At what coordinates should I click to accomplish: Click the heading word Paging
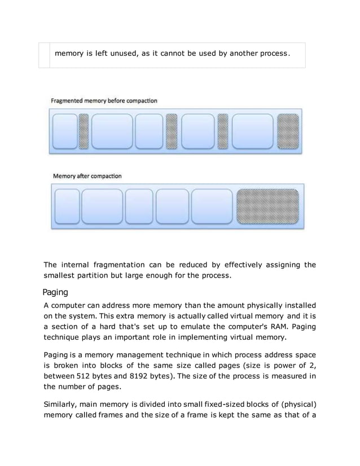(x=55, y=292)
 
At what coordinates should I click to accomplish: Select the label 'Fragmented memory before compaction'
(x=104, y=100)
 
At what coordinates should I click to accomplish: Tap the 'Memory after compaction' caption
(x=87, y=176)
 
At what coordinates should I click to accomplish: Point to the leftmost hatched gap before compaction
(x=83, y=132)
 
